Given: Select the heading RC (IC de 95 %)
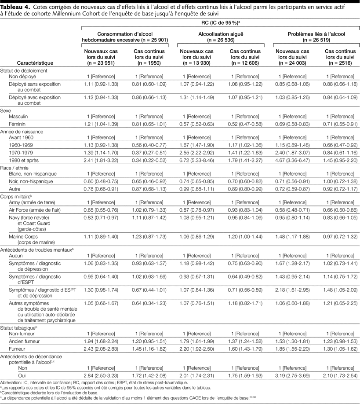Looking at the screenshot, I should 219,22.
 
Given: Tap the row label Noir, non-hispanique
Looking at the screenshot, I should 31,181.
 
